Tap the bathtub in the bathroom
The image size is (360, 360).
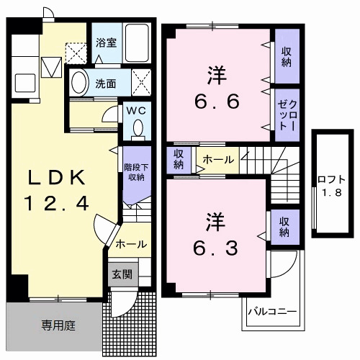pyautogui.click(x=136, y=42)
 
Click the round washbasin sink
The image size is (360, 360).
pyautogui.click(x=79, y=81)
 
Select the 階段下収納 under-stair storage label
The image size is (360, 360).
pyautogui.click(x=133, y=172)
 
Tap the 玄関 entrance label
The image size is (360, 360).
pyautogui.click(x=120, y=274)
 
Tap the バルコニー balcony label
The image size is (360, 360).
pyautogui.click(x=272, y=312)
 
